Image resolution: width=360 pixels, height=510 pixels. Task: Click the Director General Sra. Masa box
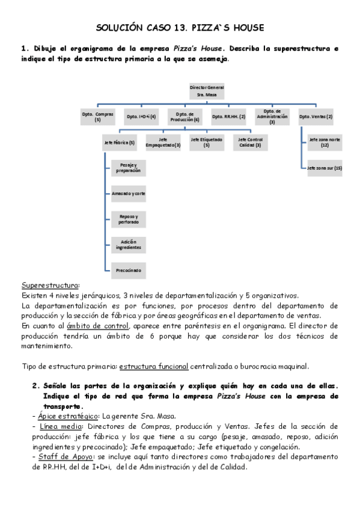click(203, 91)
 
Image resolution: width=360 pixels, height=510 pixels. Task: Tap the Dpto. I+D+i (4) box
click(141, 116)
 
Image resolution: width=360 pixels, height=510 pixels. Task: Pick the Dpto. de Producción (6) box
click(184, 116)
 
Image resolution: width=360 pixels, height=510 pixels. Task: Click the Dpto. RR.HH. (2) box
click(228, 116)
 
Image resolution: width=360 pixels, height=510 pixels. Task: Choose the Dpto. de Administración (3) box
click(272, 116)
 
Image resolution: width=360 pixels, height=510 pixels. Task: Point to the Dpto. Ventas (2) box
click(316, 116)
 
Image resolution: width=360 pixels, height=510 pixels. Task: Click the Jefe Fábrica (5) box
click(119, 143)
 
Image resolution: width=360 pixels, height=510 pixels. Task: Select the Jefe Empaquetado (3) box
click(163, 143)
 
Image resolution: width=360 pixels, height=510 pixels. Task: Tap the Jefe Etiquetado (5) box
click(206, 143)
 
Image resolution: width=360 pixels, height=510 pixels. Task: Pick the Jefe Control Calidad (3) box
click(250, 143)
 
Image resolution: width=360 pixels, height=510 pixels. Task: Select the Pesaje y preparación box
click(127, 168)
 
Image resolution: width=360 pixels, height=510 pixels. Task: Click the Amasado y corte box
click(127, 194)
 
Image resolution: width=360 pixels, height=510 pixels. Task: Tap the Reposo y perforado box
click(127, 219)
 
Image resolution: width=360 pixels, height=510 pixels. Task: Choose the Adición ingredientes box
click(127, 245)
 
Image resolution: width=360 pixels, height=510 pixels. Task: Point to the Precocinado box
click(127, 271)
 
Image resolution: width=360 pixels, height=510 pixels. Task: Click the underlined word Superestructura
click(50, 284)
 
